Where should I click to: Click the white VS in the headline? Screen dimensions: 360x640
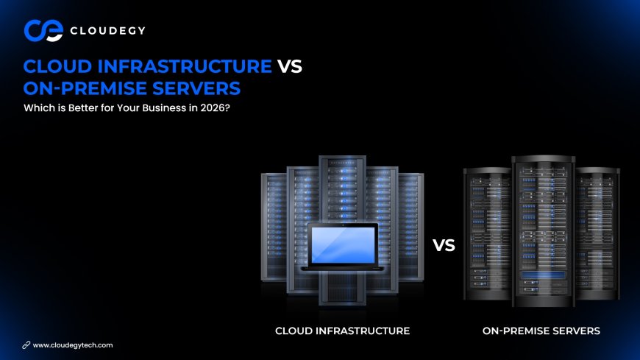[x=289, y=66]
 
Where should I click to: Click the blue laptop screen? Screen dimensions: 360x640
[x=343, y=244]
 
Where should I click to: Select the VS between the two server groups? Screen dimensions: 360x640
[x=444, y=245]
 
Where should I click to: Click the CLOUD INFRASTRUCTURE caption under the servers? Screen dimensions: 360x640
[x=342, y=331]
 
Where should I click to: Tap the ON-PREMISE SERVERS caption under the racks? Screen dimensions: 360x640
[x=541, y=331]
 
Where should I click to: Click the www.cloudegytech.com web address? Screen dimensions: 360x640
[x=73, y=345]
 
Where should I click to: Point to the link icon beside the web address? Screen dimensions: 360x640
[x=26, y=345]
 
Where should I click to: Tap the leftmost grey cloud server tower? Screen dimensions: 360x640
[x=273, y=228]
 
